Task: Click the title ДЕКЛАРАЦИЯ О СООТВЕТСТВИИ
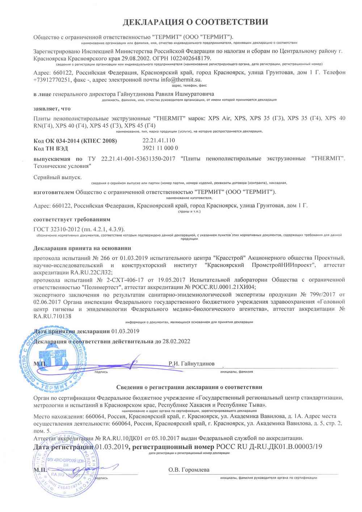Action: coord(195,22)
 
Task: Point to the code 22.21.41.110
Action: coord(159,140)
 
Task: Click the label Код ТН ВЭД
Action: coord(51,148)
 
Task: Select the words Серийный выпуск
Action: coord(58,177)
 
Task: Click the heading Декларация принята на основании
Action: coord(82,248)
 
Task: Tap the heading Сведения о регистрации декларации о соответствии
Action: coord(189,387)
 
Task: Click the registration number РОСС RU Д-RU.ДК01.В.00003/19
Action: coord(269,447)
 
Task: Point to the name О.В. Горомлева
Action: coord(189,470)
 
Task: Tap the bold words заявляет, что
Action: coord(52,109)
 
